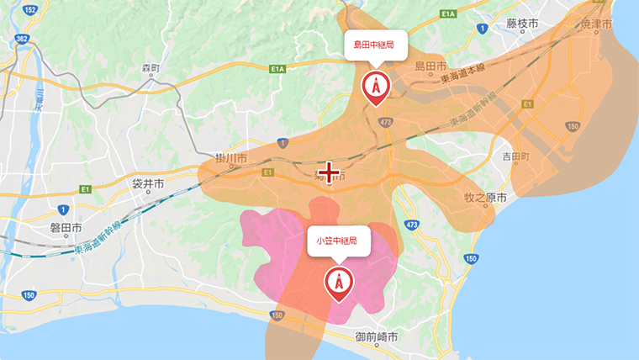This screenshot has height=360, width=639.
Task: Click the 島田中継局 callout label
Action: click(x=375, y=44)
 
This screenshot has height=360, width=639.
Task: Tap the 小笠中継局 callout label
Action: click(x=338, y=240)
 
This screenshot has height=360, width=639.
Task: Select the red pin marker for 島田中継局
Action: click(x=375, y=87)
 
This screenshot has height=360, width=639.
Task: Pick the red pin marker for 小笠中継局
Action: click(x=339, y=284)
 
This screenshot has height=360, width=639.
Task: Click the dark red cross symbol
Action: click(x=329, y=172)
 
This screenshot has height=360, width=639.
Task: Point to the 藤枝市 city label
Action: click(x=522, y=24)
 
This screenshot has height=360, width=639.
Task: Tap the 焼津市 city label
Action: click(x=598, y=24)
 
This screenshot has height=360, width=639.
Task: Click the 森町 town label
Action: click(x=150, y=67)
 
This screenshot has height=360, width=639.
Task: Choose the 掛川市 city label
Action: click(x=230, y=158)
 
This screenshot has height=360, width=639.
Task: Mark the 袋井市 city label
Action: click(x=148, y=183)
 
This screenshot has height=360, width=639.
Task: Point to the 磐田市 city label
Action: click(x=66, y=228)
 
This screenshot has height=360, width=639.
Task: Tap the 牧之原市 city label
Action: click(x=486, y=199)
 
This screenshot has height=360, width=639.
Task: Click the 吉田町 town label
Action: click(x=515, y=156)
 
